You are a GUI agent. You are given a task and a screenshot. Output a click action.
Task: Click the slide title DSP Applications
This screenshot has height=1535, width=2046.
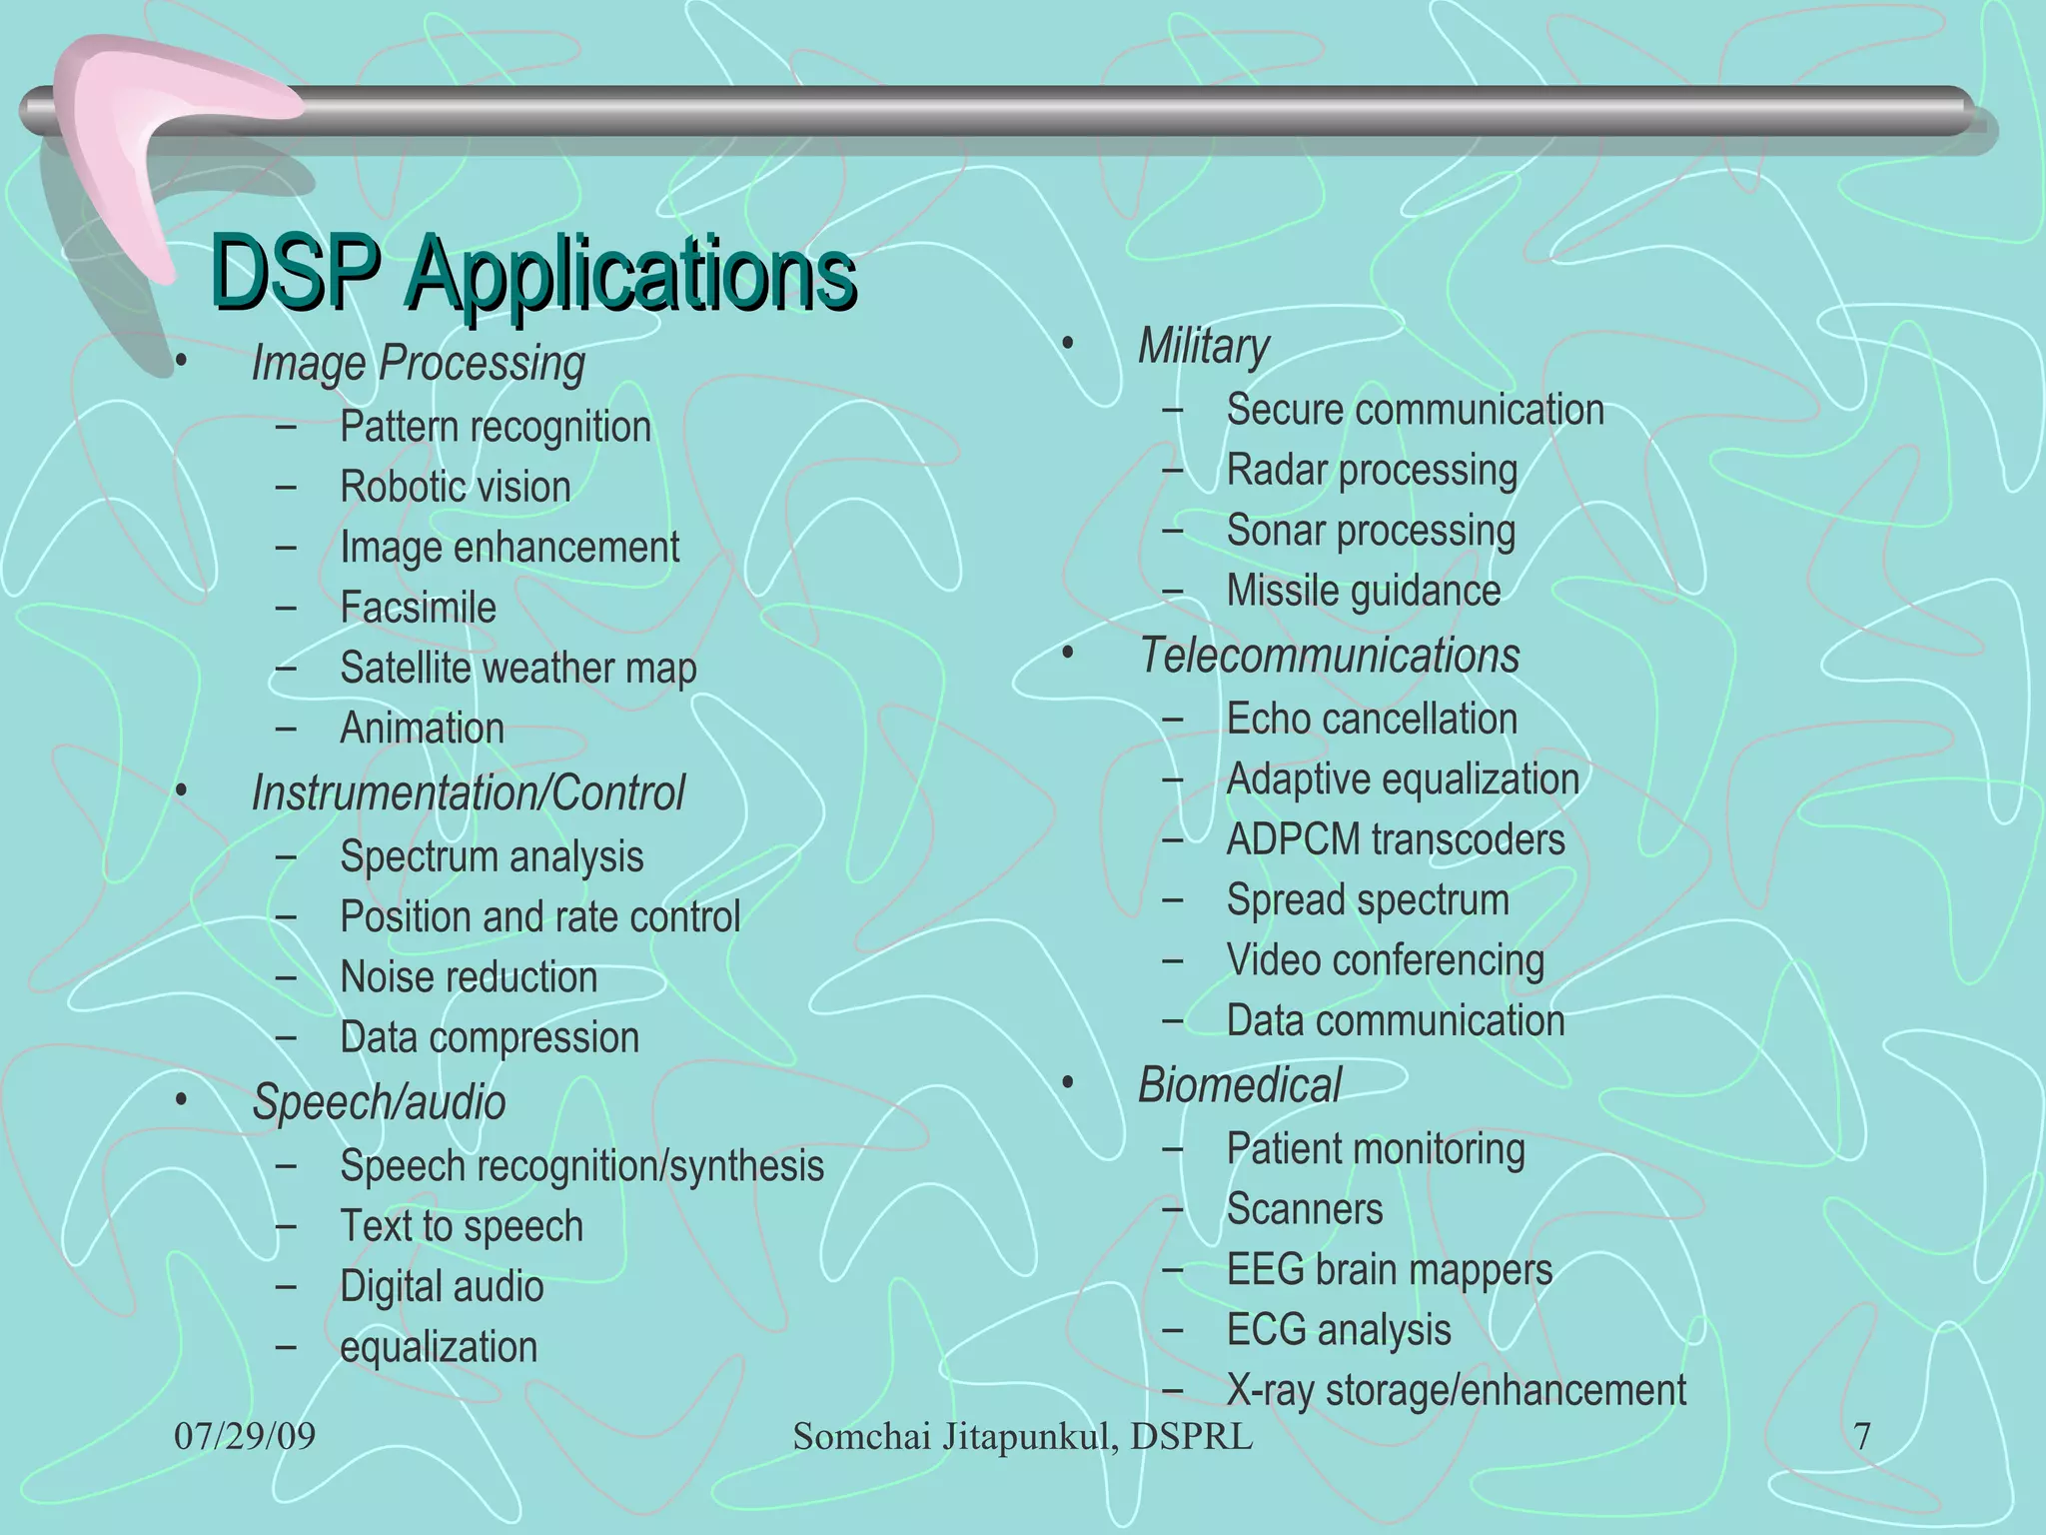533,272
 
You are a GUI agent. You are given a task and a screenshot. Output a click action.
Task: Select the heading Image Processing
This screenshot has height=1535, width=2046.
418,363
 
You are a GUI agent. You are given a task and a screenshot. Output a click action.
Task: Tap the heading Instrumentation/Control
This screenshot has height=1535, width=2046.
468,793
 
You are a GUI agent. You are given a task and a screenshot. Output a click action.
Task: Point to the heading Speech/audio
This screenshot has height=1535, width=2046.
379,1102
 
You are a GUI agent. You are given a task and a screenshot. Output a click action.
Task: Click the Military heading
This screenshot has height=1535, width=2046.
1203,347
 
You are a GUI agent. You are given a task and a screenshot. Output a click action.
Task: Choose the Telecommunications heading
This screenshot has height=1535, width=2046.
1329,657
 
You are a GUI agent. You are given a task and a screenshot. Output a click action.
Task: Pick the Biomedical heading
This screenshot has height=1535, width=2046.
1239,1085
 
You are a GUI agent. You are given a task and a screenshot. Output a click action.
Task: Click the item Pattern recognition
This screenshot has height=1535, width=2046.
496,427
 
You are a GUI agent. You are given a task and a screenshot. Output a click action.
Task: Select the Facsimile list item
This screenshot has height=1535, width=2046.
418,608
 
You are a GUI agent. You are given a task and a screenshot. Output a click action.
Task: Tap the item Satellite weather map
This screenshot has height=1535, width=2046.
517,669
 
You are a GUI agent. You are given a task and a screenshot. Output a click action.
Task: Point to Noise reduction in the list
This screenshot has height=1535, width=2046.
469,977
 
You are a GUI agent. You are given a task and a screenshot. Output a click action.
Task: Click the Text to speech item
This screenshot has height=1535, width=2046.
462,1226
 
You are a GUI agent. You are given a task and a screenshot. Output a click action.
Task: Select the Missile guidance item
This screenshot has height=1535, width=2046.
1363,591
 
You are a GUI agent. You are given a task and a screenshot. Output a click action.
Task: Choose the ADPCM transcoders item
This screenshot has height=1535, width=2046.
1395,839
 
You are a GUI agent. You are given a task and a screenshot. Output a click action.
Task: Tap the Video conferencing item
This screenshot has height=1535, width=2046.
1385,960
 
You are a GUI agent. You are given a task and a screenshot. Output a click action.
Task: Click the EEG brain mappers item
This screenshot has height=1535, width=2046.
1389,1270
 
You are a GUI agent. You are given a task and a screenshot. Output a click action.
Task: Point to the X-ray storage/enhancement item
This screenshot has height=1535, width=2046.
1456,1390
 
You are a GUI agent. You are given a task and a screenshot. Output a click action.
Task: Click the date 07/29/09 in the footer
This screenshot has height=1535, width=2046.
245,1437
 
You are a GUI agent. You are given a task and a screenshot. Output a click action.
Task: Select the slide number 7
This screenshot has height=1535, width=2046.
1862,1437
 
